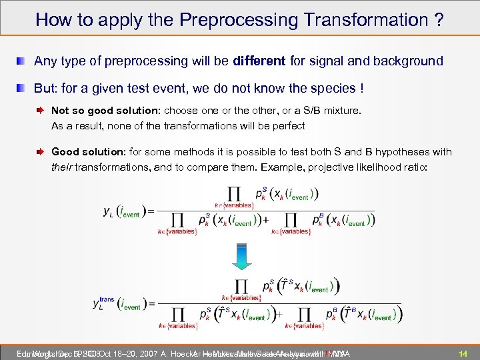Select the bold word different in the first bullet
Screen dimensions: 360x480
260,61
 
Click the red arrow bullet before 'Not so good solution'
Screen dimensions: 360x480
41,111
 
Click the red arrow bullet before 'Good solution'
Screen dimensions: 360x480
41,153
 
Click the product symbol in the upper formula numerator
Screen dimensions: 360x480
234,194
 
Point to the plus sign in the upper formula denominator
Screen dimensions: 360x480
267,219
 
